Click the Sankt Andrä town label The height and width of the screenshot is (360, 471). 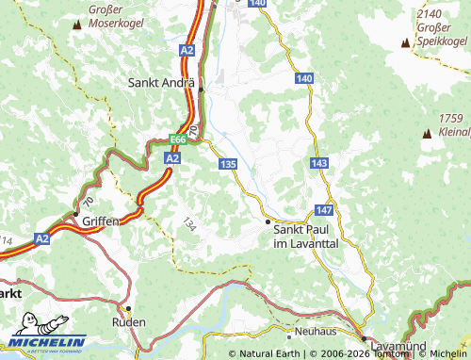pos(160,82)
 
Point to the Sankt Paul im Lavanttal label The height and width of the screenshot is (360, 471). pos(305,235)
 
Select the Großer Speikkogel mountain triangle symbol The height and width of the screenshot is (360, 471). pos(404,42)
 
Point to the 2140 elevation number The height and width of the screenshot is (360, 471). pos(430,15)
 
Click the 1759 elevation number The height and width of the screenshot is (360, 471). pos(453,118)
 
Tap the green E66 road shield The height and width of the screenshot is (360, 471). pos(179,139)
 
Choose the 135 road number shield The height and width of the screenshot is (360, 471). pos(227,164)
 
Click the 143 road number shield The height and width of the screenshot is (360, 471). pos(318,164)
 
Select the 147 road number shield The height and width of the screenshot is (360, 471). pos(324,209)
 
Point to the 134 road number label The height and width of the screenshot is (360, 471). pos(190,224)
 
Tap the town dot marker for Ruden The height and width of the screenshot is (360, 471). pos(129,308)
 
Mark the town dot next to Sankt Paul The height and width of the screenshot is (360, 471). pos(268,221)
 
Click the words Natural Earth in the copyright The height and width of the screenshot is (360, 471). pos(270,354)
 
